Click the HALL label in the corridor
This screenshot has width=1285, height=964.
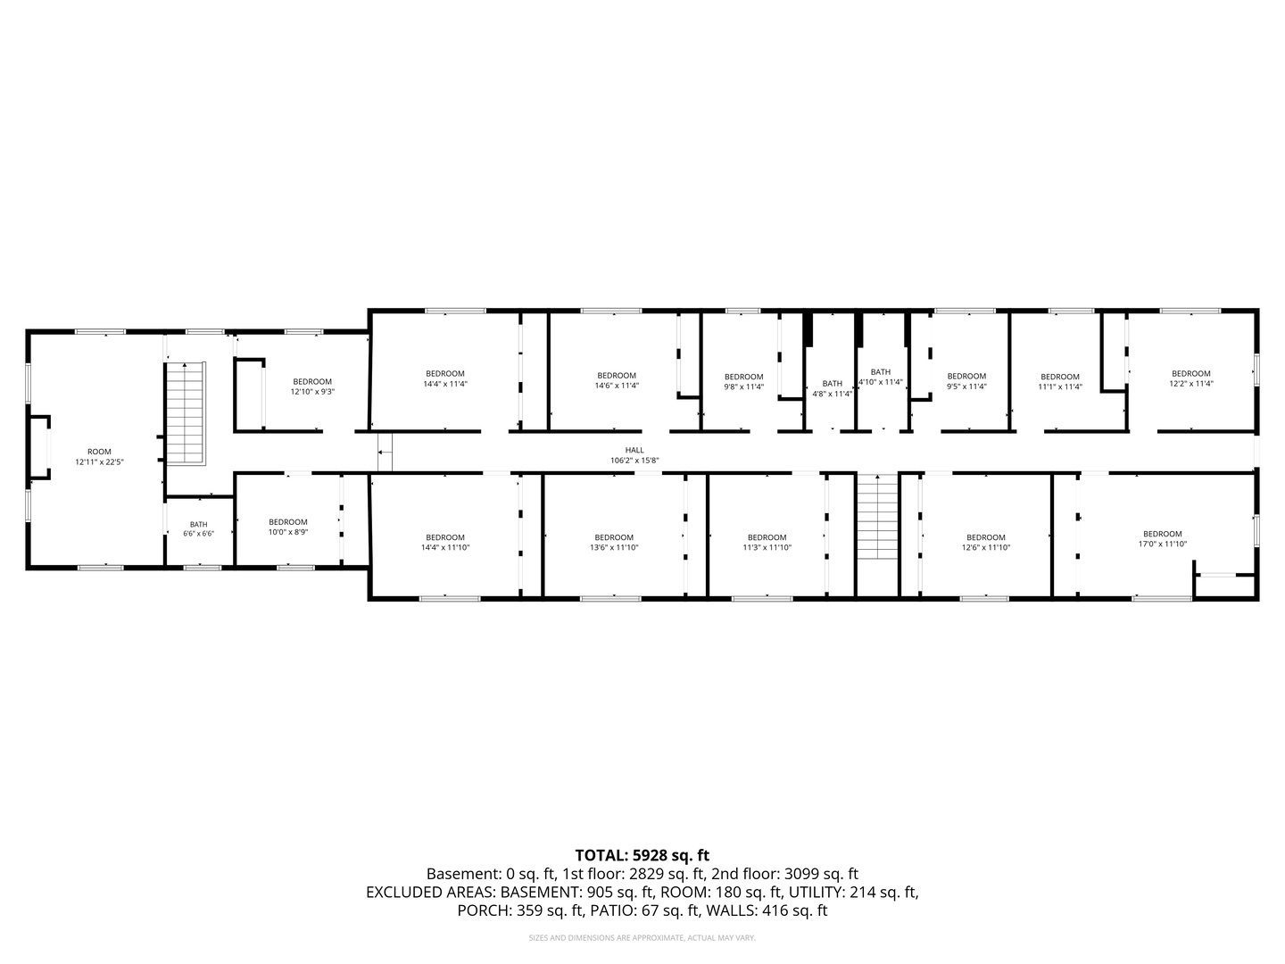coord(634,455)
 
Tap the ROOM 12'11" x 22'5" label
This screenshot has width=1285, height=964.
coord(99,457)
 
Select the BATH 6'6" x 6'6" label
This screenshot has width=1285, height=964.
coord(198,529)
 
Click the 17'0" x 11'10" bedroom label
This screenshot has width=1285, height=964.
coord(1162,539)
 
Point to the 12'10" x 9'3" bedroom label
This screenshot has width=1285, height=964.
coord(312,386)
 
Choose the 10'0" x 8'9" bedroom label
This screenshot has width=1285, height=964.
coord(288,528)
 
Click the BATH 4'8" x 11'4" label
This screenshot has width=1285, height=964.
coord(832,388)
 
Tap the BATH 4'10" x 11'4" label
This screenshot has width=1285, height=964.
coord(881,377)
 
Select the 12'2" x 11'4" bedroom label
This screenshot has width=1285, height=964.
coord(1191,378)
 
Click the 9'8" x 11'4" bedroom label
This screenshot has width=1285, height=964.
coord(744,382)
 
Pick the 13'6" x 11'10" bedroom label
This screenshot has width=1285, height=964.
coord(614,543)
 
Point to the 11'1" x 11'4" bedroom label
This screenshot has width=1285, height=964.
coord(1060,382)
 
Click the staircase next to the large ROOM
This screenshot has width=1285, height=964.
coord(186,414)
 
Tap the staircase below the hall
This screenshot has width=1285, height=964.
coord(877,517)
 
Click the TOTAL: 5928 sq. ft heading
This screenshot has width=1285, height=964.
coord(642,855)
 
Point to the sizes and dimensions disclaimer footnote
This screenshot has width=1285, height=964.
coord(642,937)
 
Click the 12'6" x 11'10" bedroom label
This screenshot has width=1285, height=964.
coord(986,543)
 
